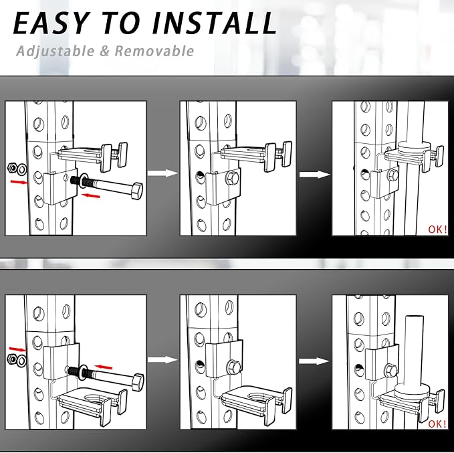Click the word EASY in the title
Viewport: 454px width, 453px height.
(50, 23)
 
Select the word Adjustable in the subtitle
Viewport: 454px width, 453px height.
(55, 52)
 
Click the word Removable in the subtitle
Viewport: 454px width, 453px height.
(154, 51)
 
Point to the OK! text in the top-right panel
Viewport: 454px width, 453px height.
(437, 230)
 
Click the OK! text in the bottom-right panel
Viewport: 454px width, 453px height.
(437, 424)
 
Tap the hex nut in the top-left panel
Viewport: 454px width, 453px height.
(13, 167)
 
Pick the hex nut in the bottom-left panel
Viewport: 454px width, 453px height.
(12, 359)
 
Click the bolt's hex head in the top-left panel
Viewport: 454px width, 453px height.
(136, 191)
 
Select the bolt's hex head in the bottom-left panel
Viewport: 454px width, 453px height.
(138, 382)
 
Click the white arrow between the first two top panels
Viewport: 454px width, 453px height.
(162, 173)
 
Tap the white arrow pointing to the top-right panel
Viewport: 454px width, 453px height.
(314, 175)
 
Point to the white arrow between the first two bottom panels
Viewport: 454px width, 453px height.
(162, 360)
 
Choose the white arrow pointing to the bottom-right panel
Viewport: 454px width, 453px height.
(314, 361)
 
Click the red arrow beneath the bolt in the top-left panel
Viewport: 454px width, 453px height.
(91, 196)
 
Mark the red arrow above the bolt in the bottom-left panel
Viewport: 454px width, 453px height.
(104, 367)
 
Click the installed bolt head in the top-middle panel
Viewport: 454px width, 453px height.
(233, 178)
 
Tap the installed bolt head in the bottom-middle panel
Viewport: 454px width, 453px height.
(233, 367)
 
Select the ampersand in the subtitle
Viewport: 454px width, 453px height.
(104, 52)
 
